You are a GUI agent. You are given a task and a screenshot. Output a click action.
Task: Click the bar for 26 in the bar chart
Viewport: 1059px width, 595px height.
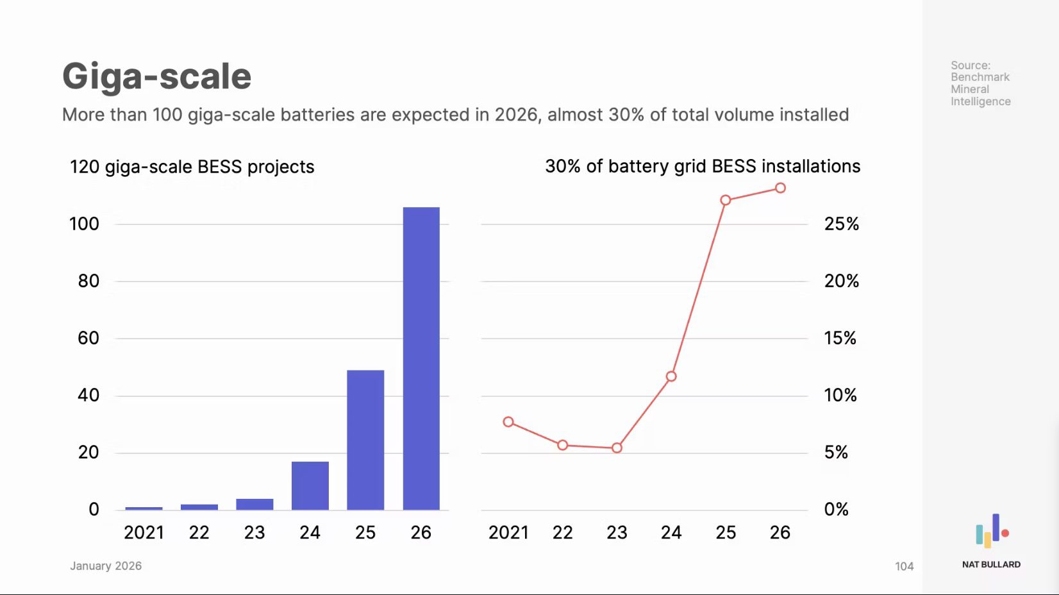point(421,358)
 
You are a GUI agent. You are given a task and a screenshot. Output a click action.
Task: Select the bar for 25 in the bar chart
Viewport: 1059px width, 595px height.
point(365,440)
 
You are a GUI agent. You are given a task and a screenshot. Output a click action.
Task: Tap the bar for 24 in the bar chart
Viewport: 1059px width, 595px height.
point(310,485)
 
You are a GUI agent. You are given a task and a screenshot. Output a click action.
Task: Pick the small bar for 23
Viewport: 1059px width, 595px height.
point(254,504)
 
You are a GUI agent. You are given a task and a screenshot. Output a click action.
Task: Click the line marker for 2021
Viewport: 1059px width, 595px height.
point(508,422)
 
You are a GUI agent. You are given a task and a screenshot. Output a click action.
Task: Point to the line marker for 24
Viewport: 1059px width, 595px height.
point(671,376)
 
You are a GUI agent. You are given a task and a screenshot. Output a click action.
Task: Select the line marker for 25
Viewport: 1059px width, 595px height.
point(726,200)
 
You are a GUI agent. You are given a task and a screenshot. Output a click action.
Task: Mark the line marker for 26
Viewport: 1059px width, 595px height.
point(780,188)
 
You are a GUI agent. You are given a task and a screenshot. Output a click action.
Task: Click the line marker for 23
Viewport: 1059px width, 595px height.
point(617,448)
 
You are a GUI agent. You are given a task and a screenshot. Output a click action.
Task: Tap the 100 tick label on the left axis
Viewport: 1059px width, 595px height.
point(84,224)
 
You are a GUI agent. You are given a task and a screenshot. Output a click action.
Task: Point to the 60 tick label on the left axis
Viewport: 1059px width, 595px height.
point(88,338)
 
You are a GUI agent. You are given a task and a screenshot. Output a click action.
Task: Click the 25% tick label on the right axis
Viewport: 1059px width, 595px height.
point(841,224)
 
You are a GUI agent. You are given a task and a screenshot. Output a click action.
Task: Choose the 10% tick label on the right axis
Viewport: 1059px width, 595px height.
point(840,395)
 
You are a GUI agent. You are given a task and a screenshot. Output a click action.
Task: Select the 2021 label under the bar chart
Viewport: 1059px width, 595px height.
point(144,533)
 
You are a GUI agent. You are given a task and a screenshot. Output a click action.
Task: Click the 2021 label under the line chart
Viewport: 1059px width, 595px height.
point(508,533)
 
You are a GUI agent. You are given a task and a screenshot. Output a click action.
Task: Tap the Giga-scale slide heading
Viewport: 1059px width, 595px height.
point(157,76)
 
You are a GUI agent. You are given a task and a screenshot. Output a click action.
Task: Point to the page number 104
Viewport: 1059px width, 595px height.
point(904,566)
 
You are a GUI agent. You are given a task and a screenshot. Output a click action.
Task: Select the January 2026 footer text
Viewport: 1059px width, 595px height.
point(106,566)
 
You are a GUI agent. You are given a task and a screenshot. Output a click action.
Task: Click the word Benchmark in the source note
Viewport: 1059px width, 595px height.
point(980,77)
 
